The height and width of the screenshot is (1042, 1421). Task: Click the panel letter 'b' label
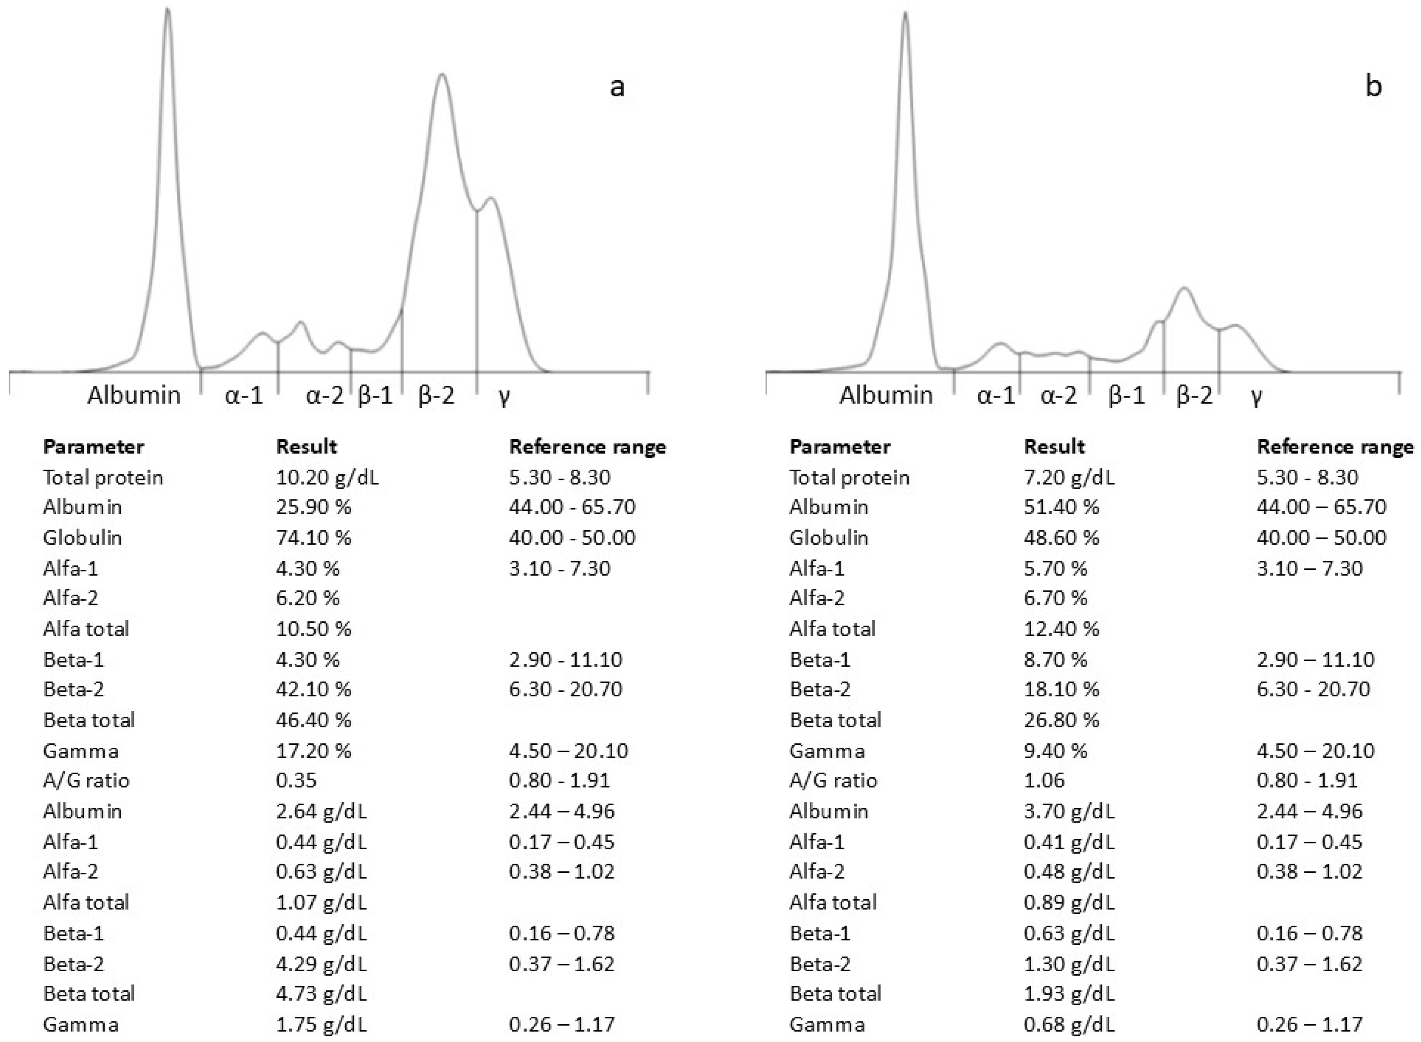pos(1373,86)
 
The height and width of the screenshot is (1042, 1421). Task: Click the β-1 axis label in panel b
pos(1126,395)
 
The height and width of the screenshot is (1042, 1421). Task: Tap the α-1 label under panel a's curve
pos(244,395)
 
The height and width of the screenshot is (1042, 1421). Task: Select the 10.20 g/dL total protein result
pos(327,477)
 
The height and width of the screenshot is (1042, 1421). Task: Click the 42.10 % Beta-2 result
pos(313,689)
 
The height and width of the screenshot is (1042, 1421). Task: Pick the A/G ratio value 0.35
pos(296,780)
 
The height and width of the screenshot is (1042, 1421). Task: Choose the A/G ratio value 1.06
pos(1044,780)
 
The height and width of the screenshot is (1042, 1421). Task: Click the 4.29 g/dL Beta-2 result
pos(321,964)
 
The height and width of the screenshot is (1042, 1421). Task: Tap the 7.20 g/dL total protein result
pos(1069,477)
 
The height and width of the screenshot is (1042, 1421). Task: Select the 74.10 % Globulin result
pos(313,537)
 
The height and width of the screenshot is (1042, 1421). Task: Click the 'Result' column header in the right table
pos(1054,447)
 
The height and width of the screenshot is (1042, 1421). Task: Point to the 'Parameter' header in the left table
pos(93,447)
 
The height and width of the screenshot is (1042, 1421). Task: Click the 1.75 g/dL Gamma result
pos(321,1024)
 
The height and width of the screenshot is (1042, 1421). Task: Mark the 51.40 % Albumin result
pos(1062,506)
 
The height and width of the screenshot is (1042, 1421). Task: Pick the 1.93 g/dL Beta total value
pos(1069,993)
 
